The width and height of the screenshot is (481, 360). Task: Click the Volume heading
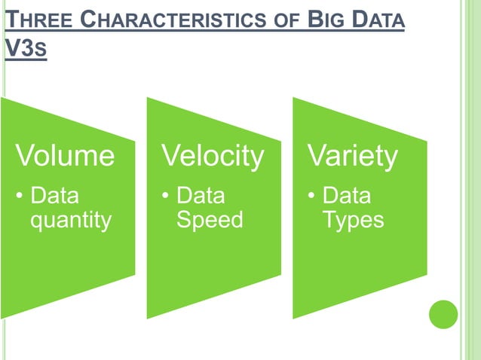pyautogui.click(x=65, y=156)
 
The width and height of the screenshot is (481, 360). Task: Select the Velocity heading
pyautogui.click(x=213, y=156)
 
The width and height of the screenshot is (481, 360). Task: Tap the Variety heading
pyautogui.click(x=352, y=156)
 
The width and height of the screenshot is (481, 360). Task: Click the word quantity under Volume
pyautogui.click(x=70, y=221)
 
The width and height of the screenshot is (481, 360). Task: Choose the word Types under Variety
pyautogui.click(x=353, y=221)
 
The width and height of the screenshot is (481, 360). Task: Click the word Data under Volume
pyautogui.click(x=54, y=197)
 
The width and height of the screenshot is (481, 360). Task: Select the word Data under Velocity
pyautogui.click(x=201, y=197)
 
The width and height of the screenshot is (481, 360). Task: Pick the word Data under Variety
pyautogui.click(x=346, y=197)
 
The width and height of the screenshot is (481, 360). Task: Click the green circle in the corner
pyautogui.click(x=443, y=314)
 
